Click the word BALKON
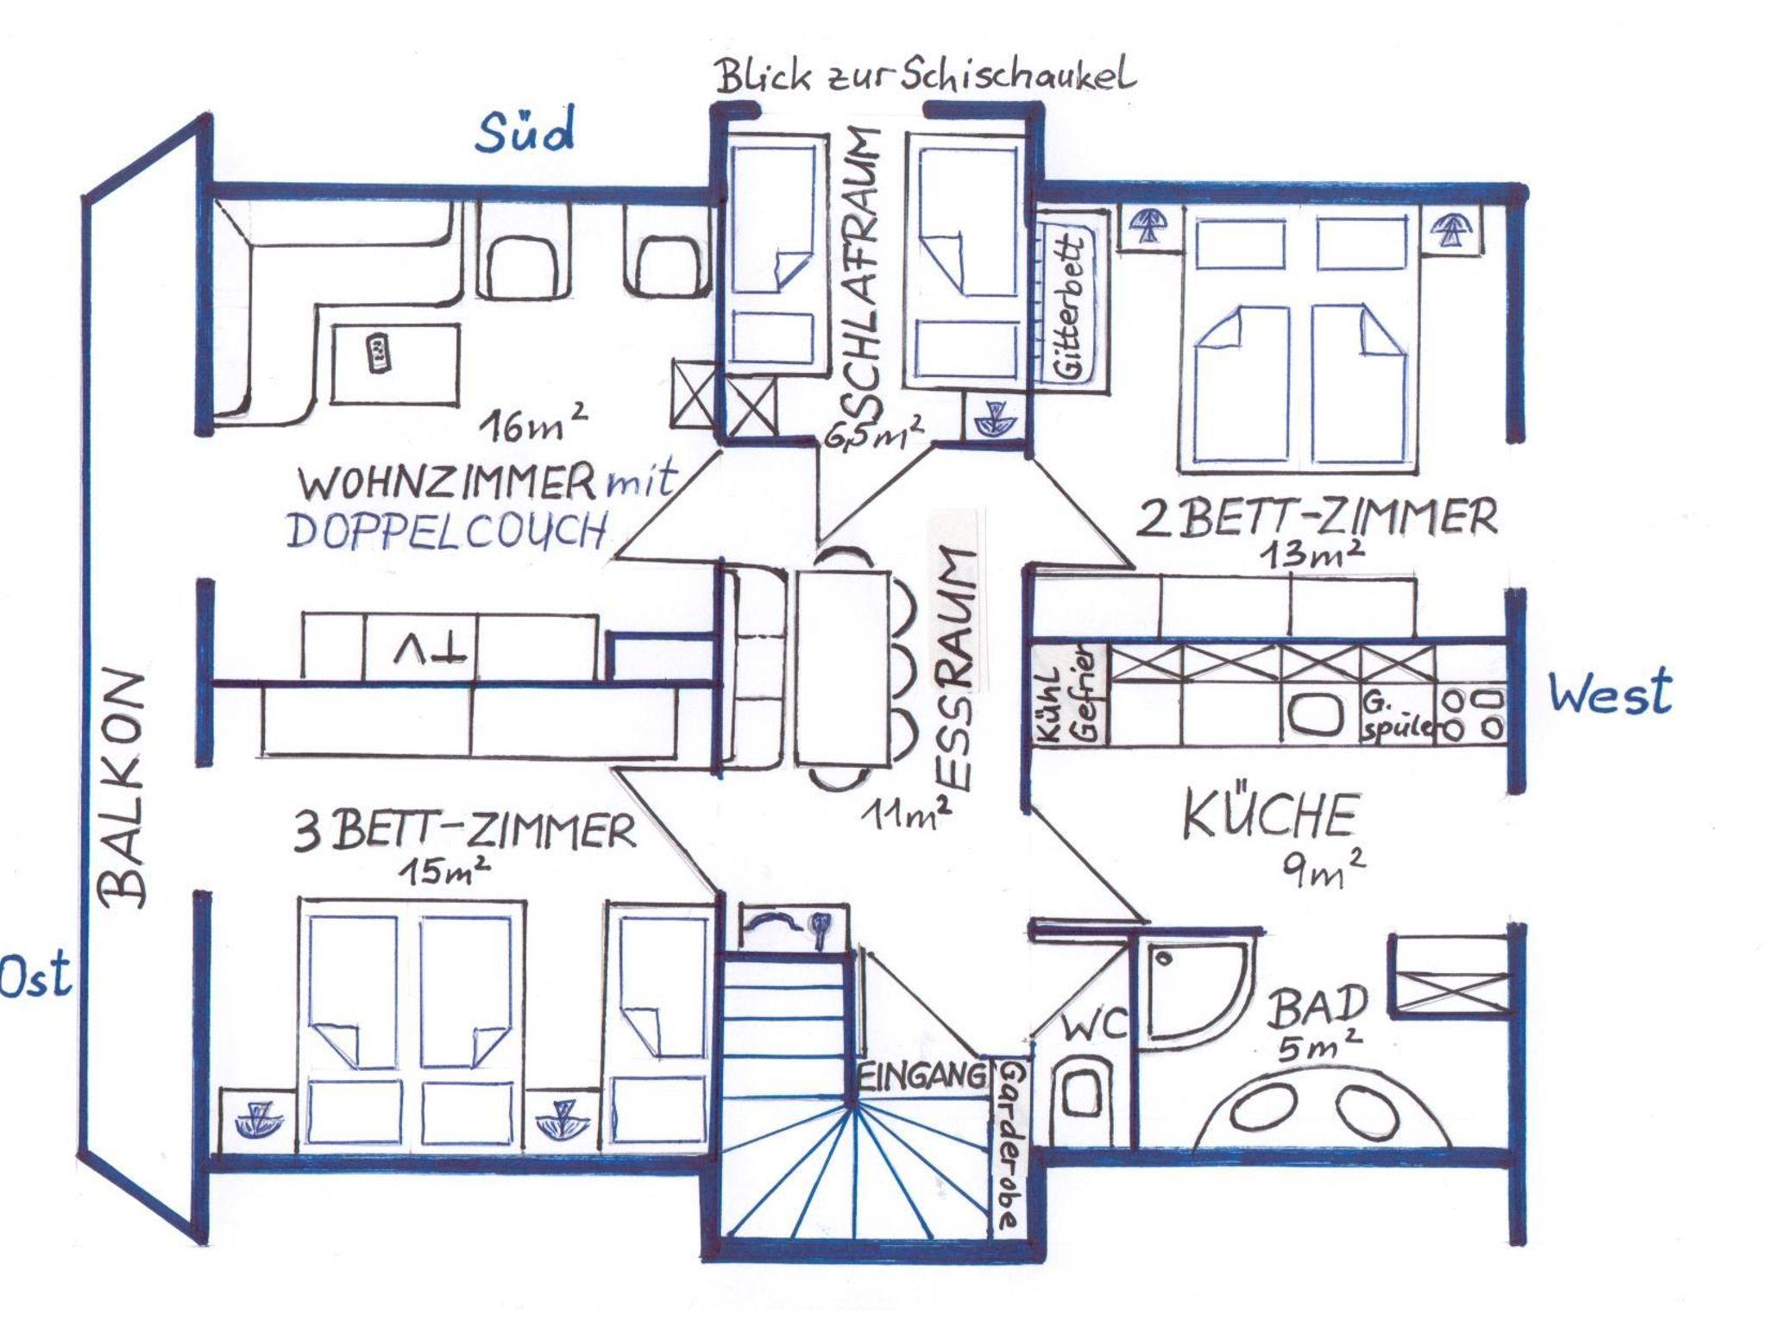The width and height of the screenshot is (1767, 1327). tap(124, 789)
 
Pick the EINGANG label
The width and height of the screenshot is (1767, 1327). tap(922, 1076)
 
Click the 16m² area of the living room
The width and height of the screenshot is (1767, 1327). tap(534, 424)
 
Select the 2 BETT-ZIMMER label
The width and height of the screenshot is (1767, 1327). tap(1318, 519)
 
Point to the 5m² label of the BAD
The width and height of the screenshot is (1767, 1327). tap(1319, 1046)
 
